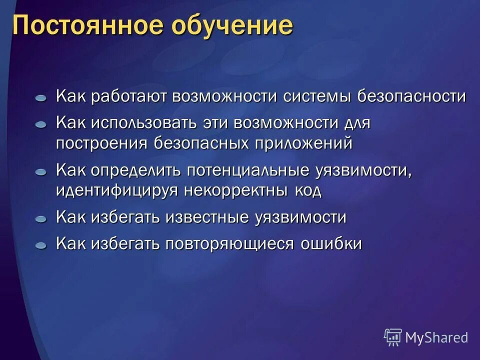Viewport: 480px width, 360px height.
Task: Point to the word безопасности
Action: (411, 96)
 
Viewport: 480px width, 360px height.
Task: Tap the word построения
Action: (101, 143)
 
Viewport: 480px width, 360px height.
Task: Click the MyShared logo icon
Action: (393, 337)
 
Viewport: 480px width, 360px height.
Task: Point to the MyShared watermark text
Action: (436, 338)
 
